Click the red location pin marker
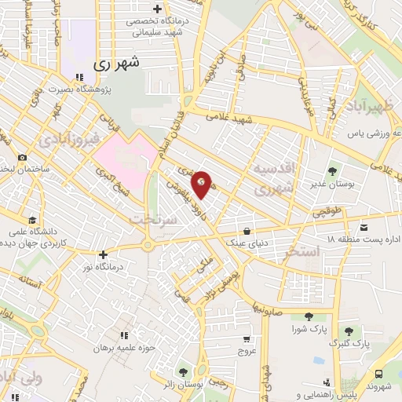pos(203,183)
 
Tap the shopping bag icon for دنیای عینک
pos(247,232)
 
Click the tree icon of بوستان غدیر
pos(331,170)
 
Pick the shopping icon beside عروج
pos(247,340)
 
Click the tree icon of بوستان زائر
pos(183,371)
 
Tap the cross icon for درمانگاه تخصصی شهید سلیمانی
pos(158,10)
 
